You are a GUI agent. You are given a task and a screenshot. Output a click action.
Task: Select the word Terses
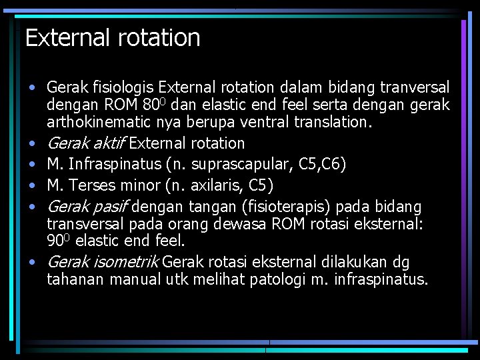pos(93,184)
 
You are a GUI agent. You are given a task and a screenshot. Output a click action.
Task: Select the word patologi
pos(278,279)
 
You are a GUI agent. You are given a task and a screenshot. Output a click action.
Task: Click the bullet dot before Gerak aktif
pos(32,143)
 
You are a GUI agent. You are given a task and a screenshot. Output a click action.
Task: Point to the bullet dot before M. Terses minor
pos(32,185)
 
